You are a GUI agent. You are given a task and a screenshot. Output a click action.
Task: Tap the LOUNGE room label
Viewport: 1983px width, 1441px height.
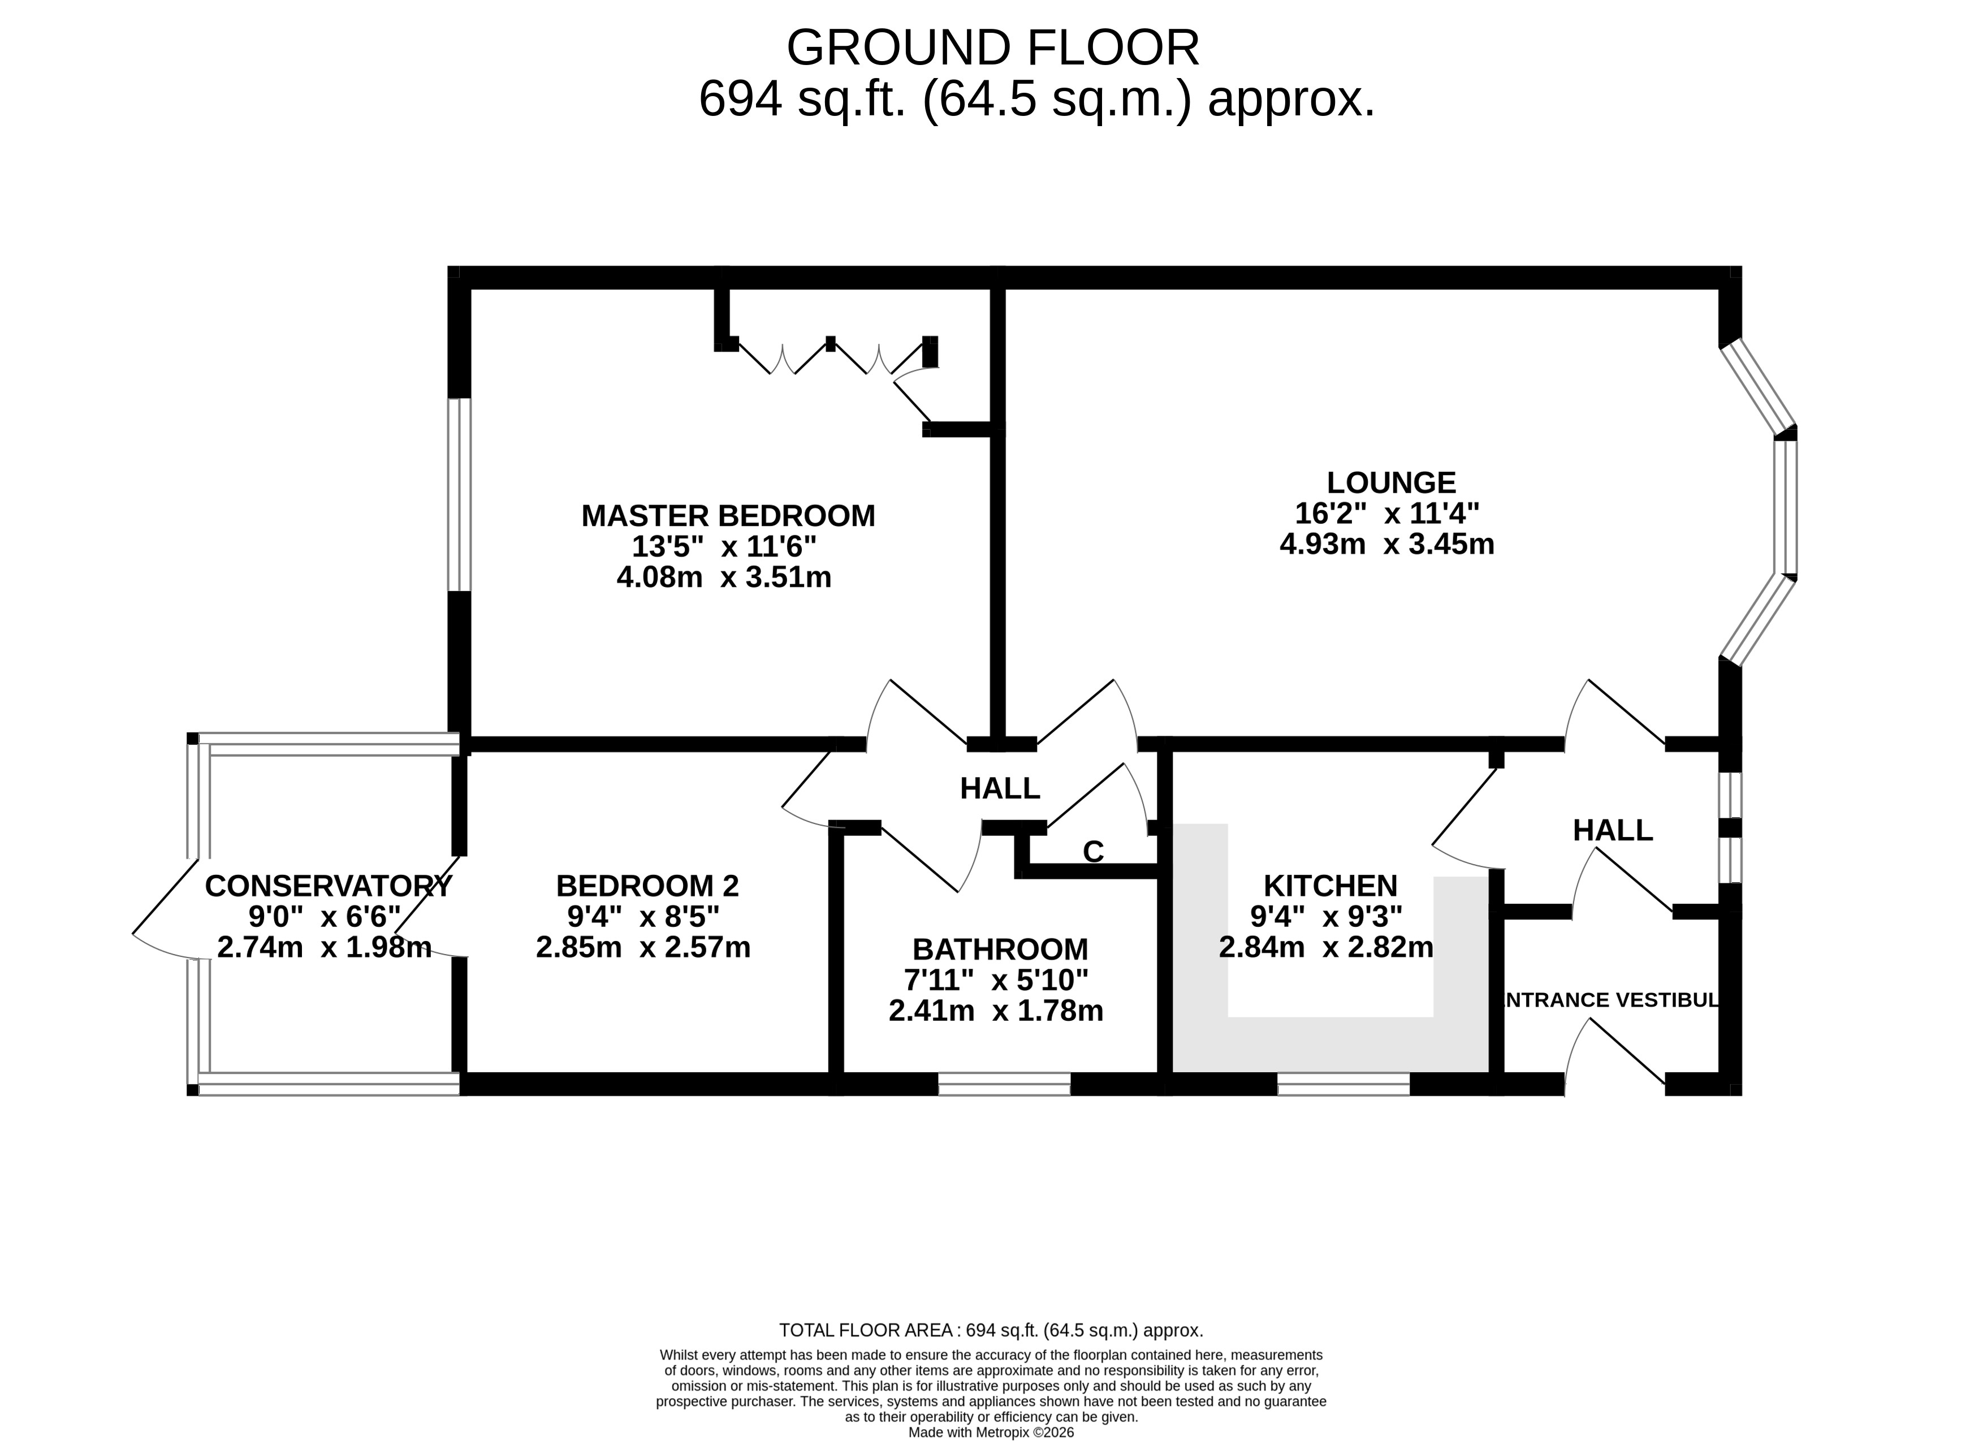(x=1391, y=482)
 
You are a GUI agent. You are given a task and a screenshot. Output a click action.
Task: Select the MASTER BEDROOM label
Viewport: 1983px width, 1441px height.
(x=728, y=516)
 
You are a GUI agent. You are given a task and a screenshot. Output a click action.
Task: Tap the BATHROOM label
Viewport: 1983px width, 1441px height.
(x=1000, y=949)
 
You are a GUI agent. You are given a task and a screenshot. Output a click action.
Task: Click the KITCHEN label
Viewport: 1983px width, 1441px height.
(x=1330, y=886)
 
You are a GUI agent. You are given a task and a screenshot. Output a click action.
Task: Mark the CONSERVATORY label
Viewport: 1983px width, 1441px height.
(x=329, y=886)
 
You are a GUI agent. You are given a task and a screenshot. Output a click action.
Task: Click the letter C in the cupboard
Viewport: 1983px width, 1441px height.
(x=1093, y=852)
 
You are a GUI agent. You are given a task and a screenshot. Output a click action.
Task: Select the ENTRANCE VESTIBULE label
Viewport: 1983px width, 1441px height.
(x=1610, y=999)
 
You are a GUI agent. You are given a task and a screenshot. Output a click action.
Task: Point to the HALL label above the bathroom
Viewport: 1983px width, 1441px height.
(x=999, y=789)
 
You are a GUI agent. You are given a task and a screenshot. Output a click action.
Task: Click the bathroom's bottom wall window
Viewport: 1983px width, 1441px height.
(x=1005, y=1084)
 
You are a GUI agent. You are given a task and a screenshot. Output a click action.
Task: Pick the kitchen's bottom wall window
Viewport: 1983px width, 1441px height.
(x=1344, y=1084)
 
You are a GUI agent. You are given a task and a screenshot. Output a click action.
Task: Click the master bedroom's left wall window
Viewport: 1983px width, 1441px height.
(x=460, y=495)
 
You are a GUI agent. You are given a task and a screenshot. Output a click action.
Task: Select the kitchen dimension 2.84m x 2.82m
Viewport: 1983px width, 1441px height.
(x=1327, y=947)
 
